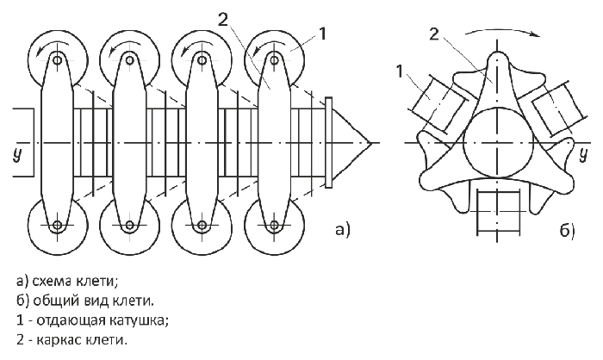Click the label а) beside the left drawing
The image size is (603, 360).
[343, 229]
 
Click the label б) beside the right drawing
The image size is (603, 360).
[567, 230]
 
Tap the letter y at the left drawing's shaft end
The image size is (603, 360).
[17, 155]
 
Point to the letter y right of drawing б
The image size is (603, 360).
[584, 155]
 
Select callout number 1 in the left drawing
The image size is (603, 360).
[322, 34]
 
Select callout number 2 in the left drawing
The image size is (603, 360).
[222, 19]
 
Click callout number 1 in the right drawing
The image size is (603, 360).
[400, 71]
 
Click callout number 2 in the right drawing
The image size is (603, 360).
[433, 34]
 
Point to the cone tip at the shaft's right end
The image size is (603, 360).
[370, 143]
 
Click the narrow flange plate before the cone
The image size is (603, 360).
[328, 143]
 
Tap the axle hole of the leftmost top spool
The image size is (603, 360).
[58, 60]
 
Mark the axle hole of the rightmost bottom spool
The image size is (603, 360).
[274, 224]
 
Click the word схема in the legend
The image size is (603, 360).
[52, 282]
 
